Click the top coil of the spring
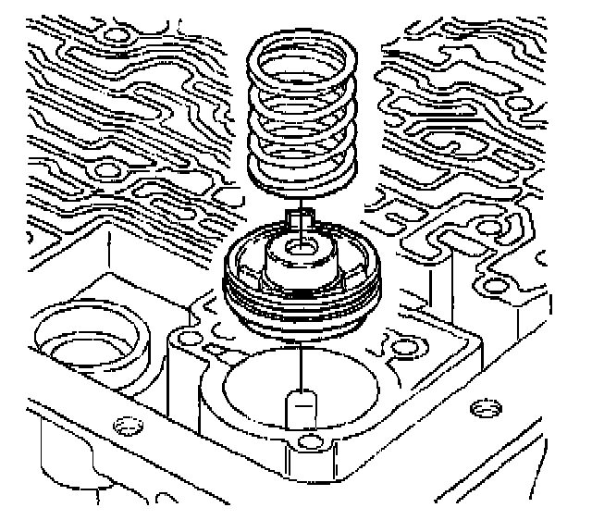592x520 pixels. click(300, 44)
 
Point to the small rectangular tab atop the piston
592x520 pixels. click(300, 219)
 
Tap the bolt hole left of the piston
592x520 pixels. click(190, 333)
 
